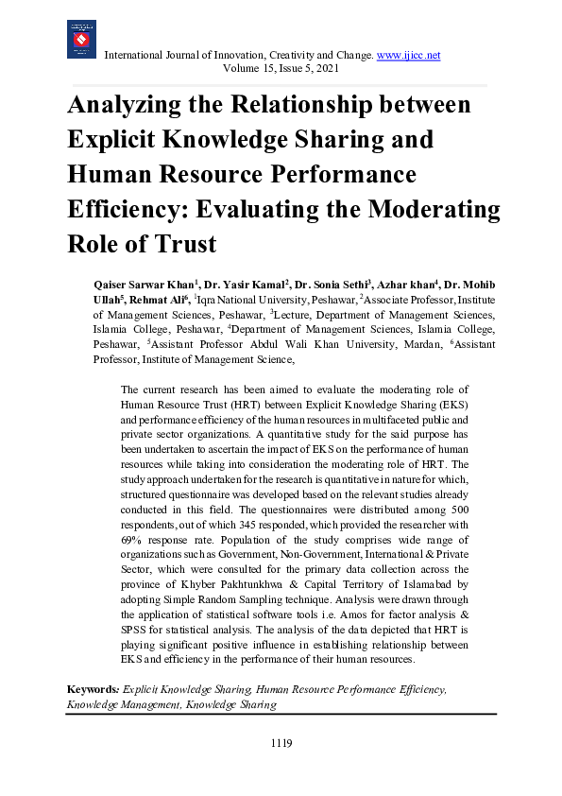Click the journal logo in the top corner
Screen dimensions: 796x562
click(81, 40)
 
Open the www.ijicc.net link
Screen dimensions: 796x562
click(409, 55)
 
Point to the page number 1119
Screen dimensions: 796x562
click(281, 743)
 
